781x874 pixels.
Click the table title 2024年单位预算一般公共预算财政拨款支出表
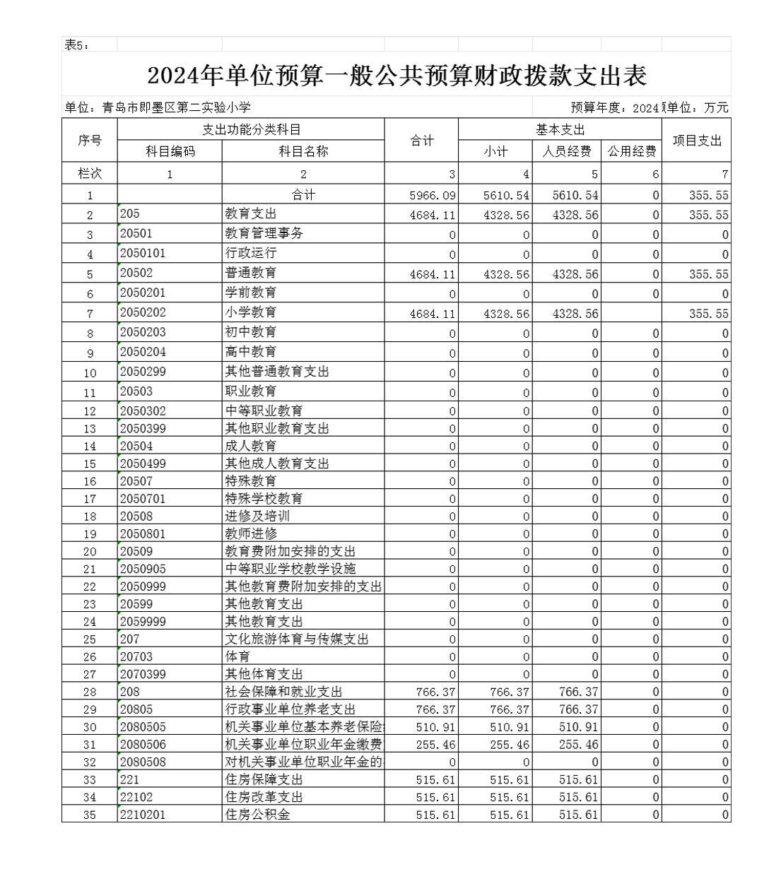coord(397,76)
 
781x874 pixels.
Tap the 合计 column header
coord(422,141)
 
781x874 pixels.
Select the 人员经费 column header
coord(566,151)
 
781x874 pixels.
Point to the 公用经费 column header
coord(631,151)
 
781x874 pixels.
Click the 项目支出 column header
coord(696,141)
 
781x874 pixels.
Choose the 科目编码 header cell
coord(170,151)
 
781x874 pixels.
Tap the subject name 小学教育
coord(250,312)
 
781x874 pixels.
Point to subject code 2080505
coord(143,726)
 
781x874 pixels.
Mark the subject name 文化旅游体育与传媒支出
coord(296,639)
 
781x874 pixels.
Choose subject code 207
coord(130,639)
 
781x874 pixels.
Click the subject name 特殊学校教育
coord(264,498)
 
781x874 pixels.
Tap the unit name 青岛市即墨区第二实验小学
coord(176,107)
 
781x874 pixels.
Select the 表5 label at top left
coord(76,45)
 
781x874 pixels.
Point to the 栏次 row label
coord(89,173)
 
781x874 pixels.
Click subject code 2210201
coord(143,814)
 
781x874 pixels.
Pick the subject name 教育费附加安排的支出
coord(290,551)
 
